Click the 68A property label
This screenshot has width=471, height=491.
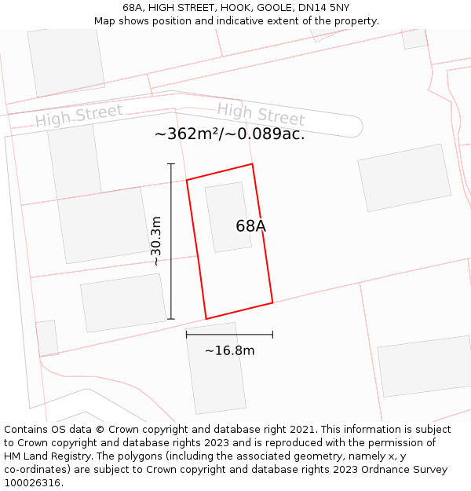click(250, 226)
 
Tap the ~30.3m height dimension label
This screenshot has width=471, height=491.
click(156, 241)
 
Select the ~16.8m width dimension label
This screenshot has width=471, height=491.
click(229, 350)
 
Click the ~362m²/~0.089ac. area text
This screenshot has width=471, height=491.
click(229, 134)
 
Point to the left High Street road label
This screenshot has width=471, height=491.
click(78, 117)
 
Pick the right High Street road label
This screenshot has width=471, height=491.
click(261, 114)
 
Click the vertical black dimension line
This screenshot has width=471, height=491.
click(171, 241)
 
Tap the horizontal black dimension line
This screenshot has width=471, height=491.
click(229, 335)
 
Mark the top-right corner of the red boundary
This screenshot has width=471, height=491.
click(252, 164)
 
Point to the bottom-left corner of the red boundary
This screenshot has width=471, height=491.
click(206, 319)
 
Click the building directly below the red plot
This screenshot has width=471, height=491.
click(216, 368)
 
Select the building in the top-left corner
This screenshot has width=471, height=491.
click(66, 61)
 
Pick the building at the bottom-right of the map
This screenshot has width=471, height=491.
click(425, 366)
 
